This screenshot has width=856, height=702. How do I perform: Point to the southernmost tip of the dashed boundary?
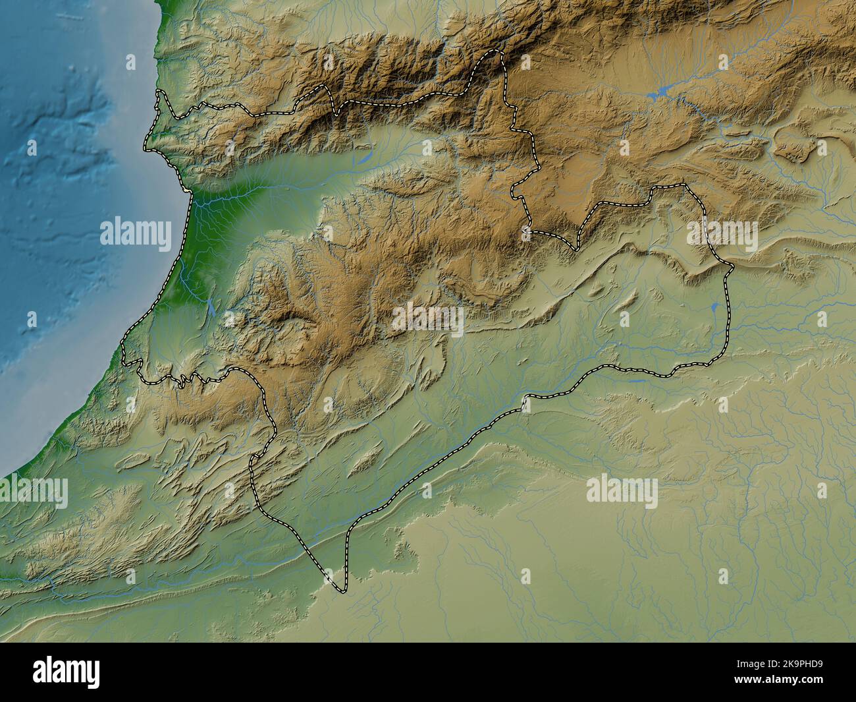(x=341, y=591)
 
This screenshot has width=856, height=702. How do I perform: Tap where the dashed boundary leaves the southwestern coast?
(x=124, y=360)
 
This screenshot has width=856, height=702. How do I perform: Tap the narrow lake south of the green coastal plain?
(x=210, y=307)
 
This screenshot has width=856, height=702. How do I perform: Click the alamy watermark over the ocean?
(x=135, y=233)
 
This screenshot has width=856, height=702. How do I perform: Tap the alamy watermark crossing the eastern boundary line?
(x=722, y=233)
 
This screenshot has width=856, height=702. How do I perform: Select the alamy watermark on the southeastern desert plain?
(x=621, y=491)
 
